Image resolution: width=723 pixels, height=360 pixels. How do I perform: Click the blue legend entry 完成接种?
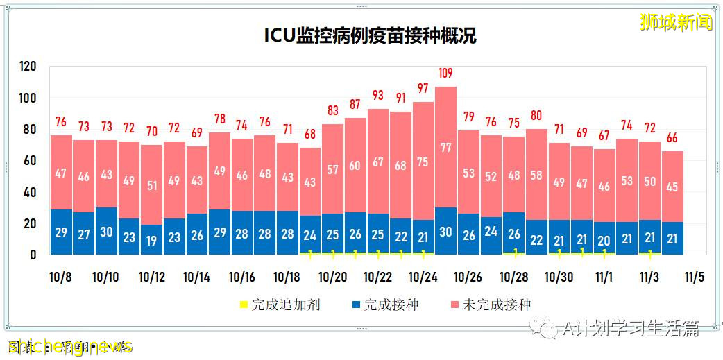pyautogui.click(x=386, y=305)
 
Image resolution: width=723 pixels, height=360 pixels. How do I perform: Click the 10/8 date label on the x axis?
pyautogui.click(x=61, y=277)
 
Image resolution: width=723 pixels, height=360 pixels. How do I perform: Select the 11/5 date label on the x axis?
pyautogui.click(x=695, y=277)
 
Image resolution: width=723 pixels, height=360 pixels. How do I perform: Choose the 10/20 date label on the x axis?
pyautogui.click(x=332, y=277)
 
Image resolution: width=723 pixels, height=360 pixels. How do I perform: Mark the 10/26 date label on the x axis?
pyautogui.click(x=468, y=277)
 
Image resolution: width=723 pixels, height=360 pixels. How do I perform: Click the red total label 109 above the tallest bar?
pyautogui.click(x=446, y=73)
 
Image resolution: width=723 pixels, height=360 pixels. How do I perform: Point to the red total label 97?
pyautogui.click(x=423, y=88)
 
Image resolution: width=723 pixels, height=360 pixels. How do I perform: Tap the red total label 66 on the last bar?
pyautogui.click(x=672, y=137)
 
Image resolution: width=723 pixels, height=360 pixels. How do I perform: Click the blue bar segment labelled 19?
pyautogui.click(x=152, y=239)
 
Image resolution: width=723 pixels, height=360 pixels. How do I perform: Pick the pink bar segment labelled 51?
pyautogui.click(x=152, y=185)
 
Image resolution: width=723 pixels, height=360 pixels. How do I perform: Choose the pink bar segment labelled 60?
pyautogui.click(x=355, y=165)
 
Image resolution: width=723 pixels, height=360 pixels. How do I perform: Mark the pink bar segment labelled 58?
pyautogui.click(x=536, y=174)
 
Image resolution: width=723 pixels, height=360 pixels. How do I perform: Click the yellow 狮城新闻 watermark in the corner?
pyautogui.click(x=677, y=22)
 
